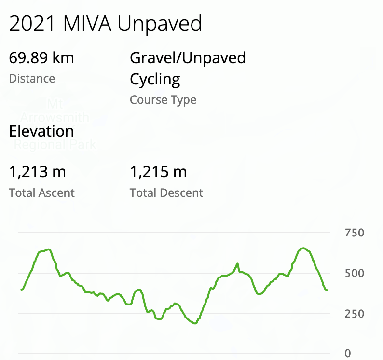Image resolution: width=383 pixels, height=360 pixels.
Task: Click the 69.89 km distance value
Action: click(x=41, y=58)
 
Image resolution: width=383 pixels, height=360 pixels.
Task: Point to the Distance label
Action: click(x=32, y=79)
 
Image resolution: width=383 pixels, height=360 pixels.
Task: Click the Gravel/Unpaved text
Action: click(x=188, y=58)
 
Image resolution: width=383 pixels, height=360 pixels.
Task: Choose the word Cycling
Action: click(x=155, y=80)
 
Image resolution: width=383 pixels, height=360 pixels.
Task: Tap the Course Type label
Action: click(x=163, y=100)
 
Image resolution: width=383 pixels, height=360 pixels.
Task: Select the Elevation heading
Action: click(x=41, y=131)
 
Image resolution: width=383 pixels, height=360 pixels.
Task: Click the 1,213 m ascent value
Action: click(x=37, y=172)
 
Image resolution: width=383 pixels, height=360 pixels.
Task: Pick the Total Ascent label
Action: click(x=42, y=193)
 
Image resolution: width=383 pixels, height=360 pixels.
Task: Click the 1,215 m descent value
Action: click(x=158, y=172)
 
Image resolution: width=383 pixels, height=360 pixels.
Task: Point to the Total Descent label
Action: click(x=166, y=193)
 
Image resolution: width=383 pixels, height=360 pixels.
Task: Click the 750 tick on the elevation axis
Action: click(x=355, y=233)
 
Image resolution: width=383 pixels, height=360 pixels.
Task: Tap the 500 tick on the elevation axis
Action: click(x=355, y=274)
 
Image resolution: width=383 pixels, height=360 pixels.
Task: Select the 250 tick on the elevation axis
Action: click(x=355, y=314)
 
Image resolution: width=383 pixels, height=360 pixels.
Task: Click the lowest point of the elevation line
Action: click(x=195, y=323)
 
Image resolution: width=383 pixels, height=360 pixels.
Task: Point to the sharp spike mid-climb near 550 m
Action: click(x=237, y=263)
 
